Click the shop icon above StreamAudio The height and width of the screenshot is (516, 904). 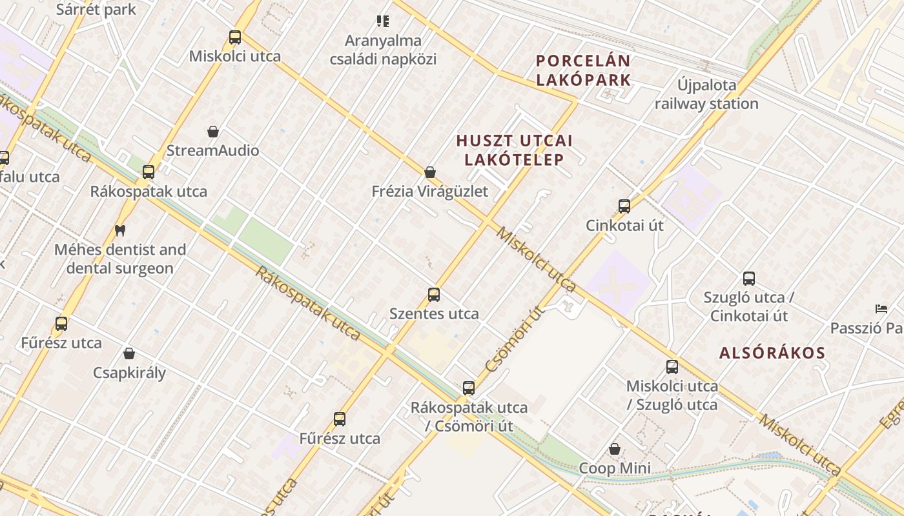213,132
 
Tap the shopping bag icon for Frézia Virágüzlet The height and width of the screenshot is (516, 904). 430,172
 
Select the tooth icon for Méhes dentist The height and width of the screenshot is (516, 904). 119,230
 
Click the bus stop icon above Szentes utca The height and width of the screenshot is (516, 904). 434,295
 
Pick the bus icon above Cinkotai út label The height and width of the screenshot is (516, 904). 624,206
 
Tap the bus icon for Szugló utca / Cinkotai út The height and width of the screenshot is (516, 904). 749,279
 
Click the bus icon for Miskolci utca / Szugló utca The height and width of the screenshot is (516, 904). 672,367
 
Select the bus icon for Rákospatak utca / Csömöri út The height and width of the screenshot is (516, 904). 469,388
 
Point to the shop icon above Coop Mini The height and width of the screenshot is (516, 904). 615,449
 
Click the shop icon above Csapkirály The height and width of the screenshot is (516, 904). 129,353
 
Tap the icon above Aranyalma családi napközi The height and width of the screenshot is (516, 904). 383,22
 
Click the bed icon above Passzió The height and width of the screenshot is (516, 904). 881,309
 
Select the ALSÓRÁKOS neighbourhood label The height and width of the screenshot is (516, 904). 772,353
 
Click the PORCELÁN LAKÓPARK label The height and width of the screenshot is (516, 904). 583,70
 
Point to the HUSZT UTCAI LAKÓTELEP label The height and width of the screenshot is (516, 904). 515,150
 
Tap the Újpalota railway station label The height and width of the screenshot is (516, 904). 706,94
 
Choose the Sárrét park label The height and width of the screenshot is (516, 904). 96,9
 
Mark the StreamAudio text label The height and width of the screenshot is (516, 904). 212,151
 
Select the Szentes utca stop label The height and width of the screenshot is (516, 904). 434,314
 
